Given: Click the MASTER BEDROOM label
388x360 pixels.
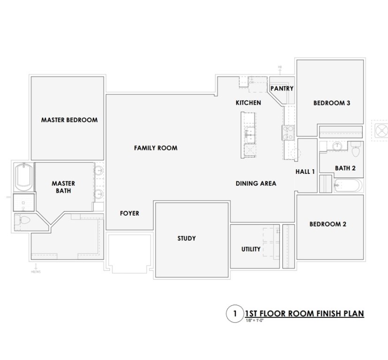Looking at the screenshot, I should point(69,120).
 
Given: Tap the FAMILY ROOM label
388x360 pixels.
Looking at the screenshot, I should point(155,148).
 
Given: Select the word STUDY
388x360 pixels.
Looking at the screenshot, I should point(186,239).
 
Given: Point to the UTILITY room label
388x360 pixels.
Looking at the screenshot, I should point(251,249).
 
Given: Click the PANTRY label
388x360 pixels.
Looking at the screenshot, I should point(282,88).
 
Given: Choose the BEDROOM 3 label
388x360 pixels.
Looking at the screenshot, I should point(332,104).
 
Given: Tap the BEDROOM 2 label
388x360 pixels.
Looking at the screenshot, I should point(327,225).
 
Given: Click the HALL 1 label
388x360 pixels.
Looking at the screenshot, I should point(305,172).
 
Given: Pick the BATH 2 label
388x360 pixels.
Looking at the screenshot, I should point(345,168).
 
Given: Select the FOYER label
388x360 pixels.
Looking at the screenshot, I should point(129,213).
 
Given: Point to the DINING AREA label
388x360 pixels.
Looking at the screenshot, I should point(256,184).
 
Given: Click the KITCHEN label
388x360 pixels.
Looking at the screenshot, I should point(248,103).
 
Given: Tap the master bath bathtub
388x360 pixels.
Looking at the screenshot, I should point(23,177).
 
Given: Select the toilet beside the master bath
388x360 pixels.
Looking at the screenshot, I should point(23,222).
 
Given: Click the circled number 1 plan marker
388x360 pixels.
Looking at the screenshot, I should point(233,314).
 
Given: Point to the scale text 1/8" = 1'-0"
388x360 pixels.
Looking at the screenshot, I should point(256,321).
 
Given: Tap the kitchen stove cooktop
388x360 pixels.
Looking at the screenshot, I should point(288,132).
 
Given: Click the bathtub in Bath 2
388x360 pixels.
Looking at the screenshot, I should point(348,186).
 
